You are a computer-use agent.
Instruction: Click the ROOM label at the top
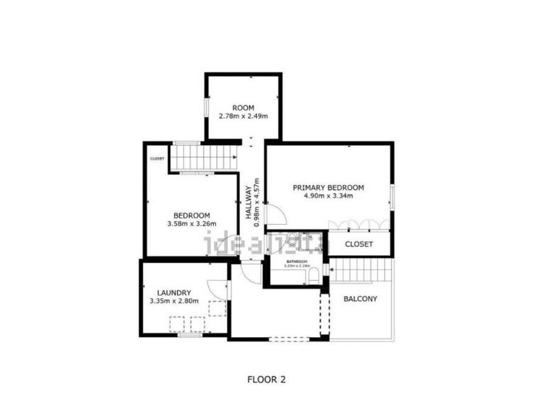click(x=243, y=107)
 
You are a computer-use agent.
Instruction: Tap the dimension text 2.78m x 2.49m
click(x=243, y=116)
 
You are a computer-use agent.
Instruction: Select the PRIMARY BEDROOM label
click(x=328, y=187)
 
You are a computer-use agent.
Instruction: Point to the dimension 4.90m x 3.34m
click(x=328, y=196)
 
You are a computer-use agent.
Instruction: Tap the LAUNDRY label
click(x=174, y=293)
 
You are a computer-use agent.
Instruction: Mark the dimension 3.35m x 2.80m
click(x=174, y=301)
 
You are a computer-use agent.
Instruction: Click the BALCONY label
click(x=360, y=298)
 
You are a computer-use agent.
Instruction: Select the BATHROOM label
click(x=296, y=262)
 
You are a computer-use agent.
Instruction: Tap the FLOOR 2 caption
click(x=266, y=380)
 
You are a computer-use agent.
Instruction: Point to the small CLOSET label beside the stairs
click(x=157, y=159)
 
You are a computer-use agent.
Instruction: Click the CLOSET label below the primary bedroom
click(x=359, y=244)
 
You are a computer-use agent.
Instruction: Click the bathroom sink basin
click(x=296, y=239)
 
